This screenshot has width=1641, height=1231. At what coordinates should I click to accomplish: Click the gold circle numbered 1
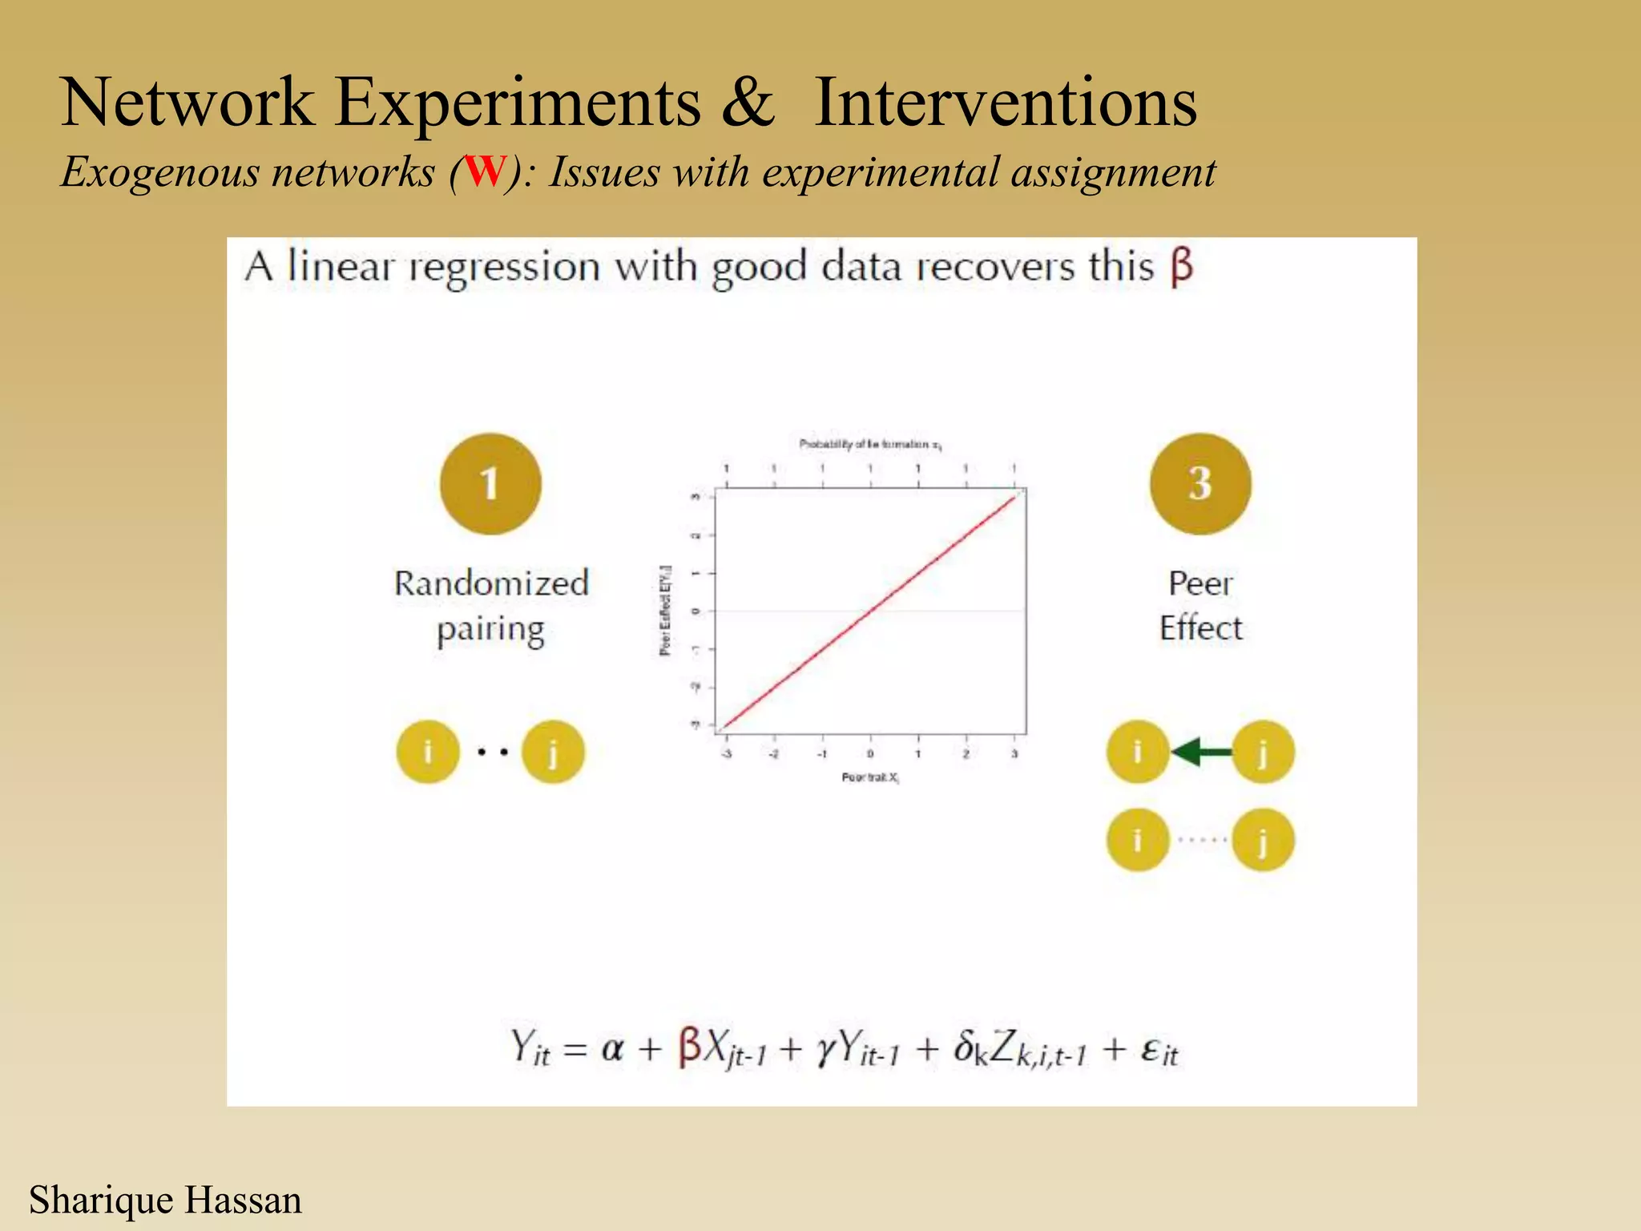490,484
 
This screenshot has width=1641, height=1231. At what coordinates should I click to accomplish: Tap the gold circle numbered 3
1200,484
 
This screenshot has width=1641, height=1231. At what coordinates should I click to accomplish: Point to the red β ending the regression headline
1181,268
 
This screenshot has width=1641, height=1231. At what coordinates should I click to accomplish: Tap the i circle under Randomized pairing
428,752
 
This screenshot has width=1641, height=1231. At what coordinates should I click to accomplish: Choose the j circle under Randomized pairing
553,752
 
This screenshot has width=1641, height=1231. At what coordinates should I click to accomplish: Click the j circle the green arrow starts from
1263,752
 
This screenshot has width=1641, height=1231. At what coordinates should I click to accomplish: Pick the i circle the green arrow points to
1137,752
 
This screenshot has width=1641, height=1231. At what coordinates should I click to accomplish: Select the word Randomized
491,583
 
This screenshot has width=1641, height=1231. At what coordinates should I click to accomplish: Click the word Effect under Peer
1200,628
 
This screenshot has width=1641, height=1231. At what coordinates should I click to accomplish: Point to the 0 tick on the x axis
870,754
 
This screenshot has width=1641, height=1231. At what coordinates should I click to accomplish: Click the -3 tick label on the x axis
726,754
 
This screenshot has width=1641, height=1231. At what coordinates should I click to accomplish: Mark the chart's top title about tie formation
870,444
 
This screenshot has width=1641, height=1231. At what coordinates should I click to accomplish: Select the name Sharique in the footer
101,1201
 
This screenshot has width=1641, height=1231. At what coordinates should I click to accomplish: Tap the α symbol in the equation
612,1048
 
